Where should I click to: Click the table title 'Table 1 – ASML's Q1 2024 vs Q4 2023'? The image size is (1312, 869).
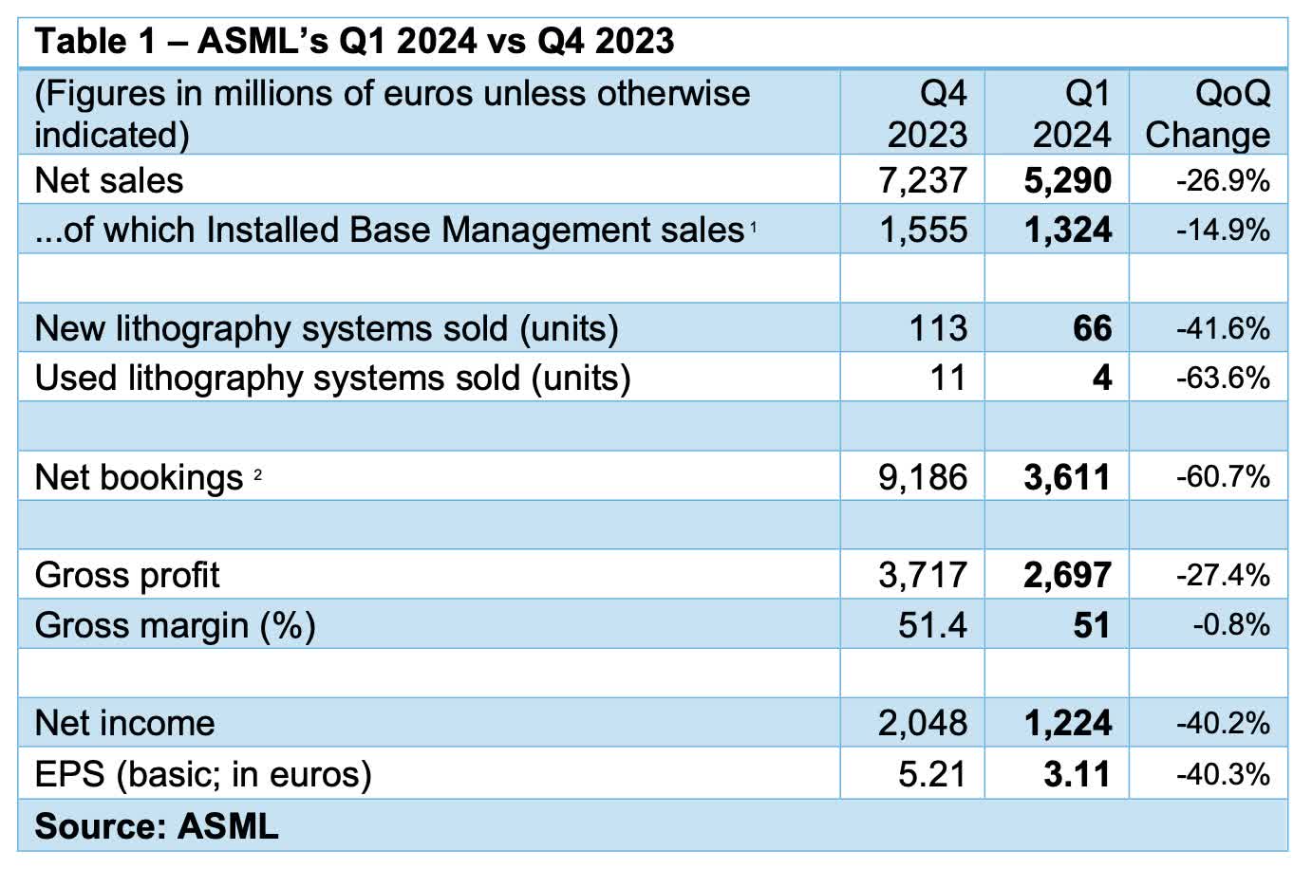coord(354,41)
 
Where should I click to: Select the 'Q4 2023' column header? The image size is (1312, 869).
coord(927,114)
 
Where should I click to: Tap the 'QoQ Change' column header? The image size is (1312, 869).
coord(1208,114)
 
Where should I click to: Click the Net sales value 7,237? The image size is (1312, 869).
coord(923,180)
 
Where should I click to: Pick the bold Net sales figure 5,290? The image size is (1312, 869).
coord(1067,180)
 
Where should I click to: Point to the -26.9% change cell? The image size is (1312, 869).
coord(1223,180)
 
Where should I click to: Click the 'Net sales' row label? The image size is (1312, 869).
coord(109,180)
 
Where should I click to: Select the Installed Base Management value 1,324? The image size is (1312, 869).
coord(1067,230)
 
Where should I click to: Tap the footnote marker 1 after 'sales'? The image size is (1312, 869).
coord(753,226)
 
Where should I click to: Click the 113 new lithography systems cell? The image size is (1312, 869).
coord(938,328)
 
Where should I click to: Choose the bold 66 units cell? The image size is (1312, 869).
coord(1092,328)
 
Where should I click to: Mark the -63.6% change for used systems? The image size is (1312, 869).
coord(1223,378)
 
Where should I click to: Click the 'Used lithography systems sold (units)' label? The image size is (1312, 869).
coord(332,378)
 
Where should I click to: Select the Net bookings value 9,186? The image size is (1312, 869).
coord(923,476)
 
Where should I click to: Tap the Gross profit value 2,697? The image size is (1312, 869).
coord(1067,575)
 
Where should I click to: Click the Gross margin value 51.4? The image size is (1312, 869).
coord(932,625)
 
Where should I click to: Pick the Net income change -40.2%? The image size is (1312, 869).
coord(1223,724)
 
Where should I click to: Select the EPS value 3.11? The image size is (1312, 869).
coord(1077,774)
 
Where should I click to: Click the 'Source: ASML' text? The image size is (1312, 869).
coord(157,826)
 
